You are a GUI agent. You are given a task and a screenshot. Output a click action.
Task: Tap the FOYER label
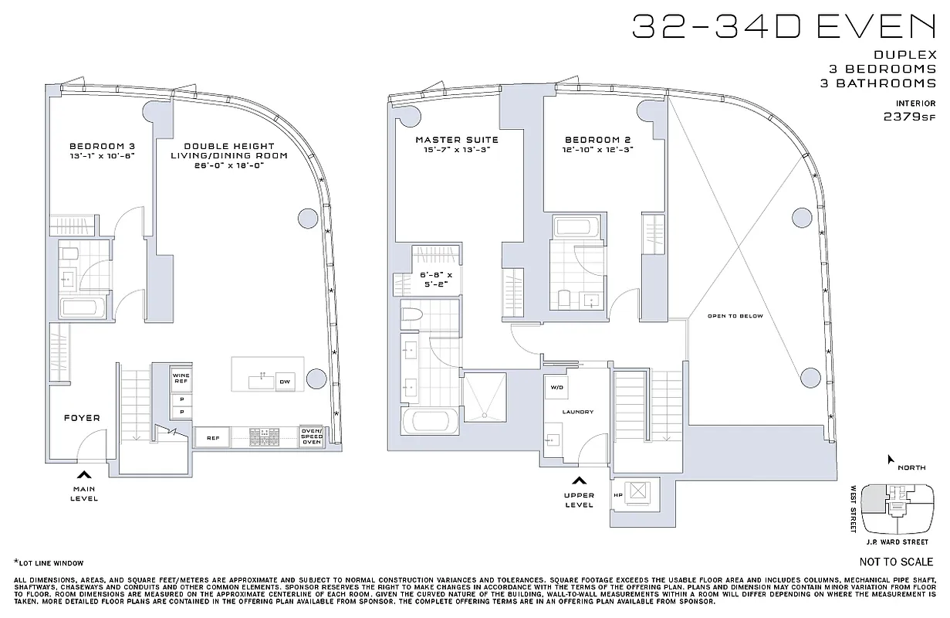tap(81, 418)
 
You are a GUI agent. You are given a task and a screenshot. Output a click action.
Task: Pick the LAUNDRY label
tap(576, 413)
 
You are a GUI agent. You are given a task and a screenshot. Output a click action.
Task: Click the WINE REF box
tap(181, 379)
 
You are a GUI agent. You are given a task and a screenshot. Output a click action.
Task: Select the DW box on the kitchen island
tap(285, 382)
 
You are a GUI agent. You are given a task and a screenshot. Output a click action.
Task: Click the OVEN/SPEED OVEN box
tap(311, 437)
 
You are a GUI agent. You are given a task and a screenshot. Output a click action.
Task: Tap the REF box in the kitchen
tap(211, 438)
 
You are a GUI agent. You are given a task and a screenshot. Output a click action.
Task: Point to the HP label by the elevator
tap(617, 495)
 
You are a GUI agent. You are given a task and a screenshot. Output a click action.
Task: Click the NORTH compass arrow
tap(891, 460)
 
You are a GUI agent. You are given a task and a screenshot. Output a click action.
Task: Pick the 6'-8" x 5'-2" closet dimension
tap(429, 279)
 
